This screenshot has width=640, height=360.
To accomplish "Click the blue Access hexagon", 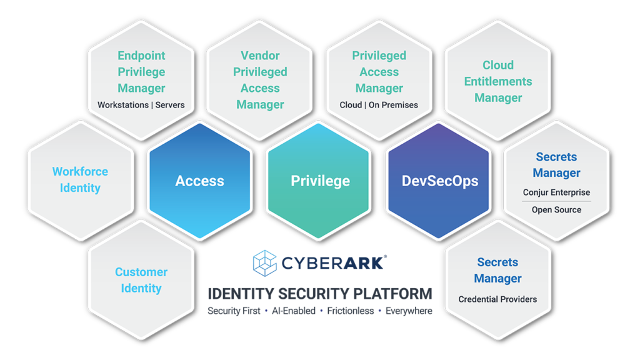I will click(x=199, y=181).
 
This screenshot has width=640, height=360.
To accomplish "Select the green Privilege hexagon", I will click(x=320, y=181).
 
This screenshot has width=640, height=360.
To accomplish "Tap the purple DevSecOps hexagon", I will click(x=440, y=181).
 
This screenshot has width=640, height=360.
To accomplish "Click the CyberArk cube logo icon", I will click(x=264, y=262).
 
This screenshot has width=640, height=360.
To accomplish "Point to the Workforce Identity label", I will click(x=80, y=179).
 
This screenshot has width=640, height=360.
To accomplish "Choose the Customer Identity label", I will click(x=141, y=280).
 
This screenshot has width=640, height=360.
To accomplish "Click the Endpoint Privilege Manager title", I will click(x=141, y=72).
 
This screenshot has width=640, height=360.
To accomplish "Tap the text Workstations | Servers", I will click(x=141, y=105).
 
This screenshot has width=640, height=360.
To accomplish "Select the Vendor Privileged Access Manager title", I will click(x=260, y=80).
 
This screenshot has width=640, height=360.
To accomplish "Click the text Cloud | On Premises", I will click(x=379, y=105).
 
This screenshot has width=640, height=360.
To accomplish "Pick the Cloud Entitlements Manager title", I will click(x=498, y=81).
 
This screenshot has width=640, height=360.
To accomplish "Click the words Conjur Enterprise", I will click(x=556, y=192).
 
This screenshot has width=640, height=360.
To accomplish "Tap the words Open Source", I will click(x=556, y=210).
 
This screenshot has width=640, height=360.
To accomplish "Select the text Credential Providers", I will click(x=497, y=299).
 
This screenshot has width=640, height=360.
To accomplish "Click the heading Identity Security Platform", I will click(x=320, y=293).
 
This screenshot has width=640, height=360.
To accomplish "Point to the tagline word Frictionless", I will click(x=351, y=311).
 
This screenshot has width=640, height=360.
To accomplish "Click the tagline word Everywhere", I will click(x=409, y=311).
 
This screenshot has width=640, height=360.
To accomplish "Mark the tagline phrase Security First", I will click(x=234, y=311).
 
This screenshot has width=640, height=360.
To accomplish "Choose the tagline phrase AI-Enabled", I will click(x=294, y=311).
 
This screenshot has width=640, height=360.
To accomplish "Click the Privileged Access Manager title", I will click(x=379, y=72).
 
